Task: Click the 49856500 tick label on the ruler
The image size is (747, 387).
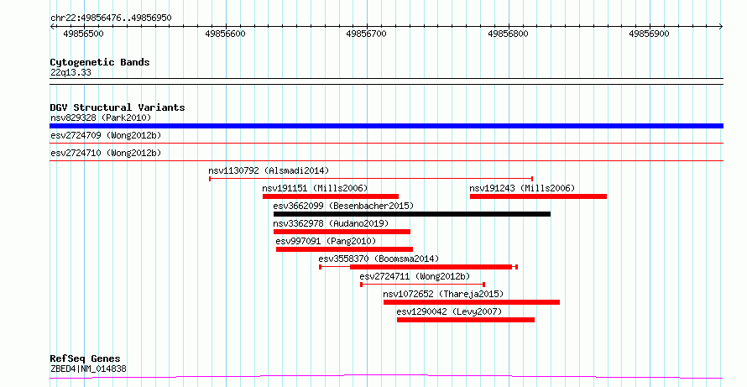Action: point(83,34)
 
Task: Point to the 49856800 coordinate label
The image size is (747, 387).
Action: point(508,34)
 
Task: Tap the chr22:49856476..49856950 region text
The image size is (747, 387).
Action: point(111,18)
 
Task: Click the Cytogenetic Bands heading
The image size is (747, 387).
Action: point(100,62)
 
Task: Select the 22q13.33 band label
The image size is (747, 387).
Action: point(71,73)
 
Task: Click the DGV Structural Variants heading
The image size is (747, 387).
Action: point(118,107)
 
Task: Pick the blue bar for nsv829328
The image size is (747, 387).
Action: point(386,126)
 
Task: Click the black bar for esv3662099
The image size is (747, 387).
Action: point(412,214)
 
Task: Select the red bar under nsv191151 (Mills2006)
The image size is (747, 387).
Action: point(331,196)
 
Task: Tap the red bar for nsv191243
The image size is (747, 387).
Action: point(538,196)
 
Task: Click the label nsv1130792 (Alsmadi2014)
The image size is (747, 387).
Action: point(269,170)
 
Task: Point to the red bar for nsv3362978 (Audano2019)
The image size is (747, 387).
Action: point(342,232)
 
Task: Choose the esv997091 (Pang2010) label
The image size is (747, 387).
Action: point(326,241)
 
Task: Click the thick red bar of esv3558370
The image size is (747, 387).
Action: point(431,267)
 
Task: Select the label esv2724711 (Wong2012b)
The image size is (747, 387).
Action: point(415,276)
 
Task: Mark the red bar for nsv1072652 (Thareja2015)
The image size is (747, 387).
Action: point(472,302)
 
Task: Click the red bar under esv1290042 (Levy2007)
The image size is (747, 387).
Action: point(466,320)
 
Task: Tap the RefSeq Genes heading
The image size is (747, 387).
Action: point(86,358)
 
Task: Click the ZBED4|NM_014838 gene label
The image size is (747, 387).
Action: point(89,369)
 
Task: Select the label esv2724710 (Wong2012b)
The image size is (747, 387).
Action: point(106,153)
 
